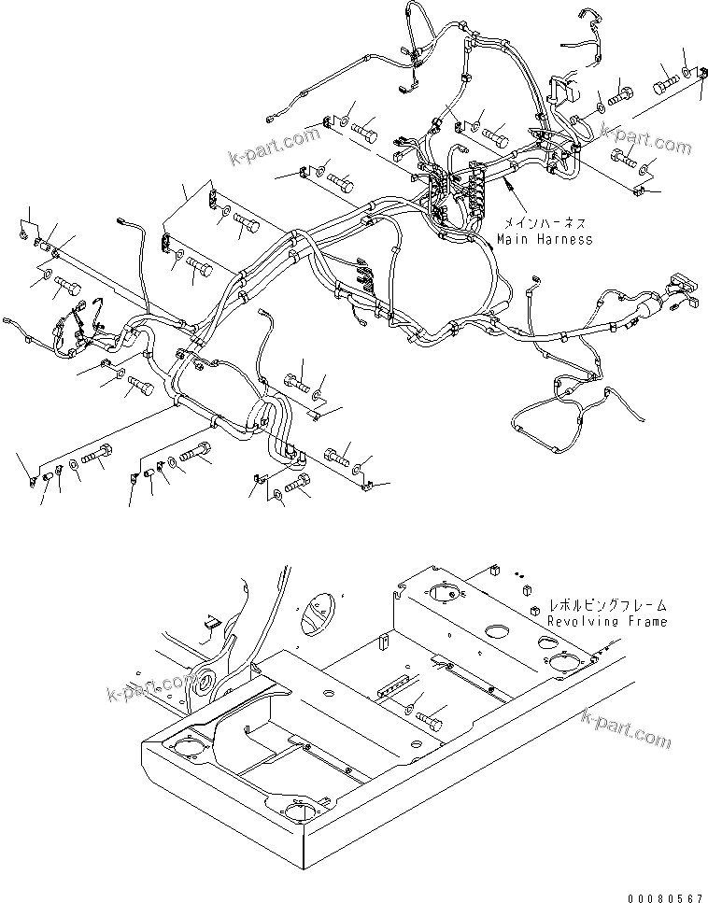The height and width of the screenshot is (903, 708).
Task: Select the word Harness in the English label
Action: [x=562, y=239]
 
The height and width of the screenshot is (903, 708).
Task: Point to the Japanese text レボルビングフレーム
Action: [x=608, y=606]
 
